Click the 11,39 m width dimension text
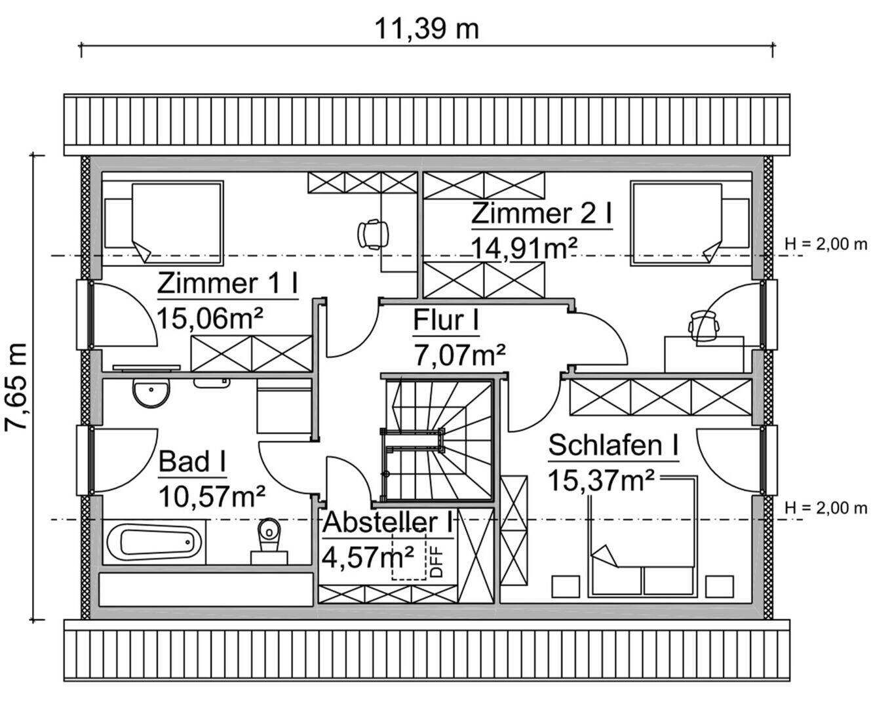point(427,29)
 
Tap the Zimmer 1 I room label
point(227,284)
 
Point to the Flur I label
point(445,321)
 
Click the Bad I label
point(193,462)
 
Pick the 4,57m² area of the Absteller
point(368,557)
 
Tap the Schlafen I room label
point(613,446)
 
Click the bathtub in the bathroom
point(155,542)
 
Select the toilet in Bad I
point(269,538)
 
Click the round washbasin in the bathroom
point(151,394)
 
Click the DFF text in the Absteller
point(436,562)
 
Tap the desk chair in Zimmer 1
point(374,233)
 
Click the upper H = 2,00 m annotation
point(825,245)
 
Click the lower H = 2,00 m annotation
point(825,508)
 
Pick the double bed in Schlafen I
point(642,538)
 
